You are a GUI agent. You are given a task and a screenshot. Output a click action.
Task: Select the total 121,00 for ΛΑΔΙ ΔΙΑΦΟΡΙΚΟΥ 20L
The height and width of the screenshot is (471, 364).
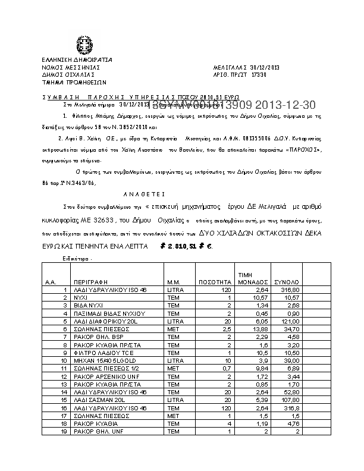(x=289, y=321)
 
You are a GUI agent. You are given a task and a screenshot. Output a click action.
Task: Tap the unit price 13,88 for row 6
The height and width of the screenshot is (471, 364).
(x=247, y=328)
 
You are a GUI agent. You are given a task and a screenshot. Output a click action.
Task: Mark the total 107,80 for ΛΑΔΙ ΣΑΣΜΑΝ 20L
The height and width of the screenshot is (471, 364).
(x=289, y=400)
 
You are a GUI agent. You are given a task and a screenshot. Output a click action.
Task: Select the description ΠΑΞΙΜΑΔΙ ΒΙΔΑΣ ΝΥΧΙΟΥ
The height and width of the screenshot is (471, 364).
(x=101, y=313)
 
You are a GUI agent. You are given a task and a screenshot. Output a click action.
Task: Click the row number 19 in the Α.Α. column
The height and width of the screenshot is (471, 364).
(x=62, y=431)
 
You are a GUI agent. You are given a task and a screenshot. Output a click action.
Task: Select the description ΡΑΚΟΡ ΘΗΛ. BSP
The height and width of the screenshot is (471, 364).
(x=94, y=337)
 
